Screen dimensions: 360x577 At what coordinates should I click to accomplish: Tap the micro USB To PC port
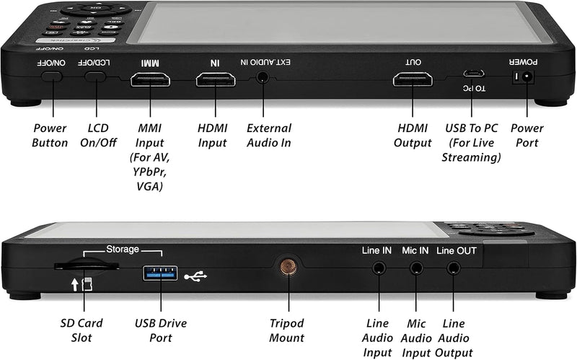pyautogui.click(x=474, y=74)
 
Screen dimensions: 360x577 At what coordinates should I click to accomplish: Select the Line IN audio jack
pyautogui.click(x=377, y=268)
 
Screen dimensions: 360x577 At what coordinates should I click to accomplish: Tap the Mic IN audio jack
pyautogui.click(x=415, y=268)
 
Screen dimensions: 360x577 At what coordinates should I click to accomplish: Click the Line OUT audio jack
pyautogui.click(x=454, y=268)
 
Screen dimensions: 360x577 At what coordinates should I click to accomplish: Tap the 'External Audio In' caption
pyautogui.click(x=268, y=135)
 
